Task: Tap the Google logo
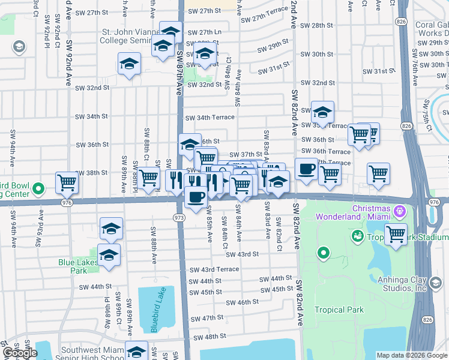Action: click(20, 353)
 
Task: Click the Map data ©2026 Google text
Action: click(411, 355)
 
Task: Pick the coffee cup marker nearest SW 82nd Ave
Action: click(306, 169)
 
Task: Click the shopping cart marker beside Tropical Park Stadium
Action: click(396, 234)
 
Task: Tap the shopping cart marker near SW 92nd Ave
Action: click(67, 182)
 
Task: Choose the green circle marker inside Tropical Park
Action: click(324, 253)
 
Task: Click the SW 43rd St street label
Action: click(243, 254)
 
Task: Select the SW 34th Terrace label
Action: click(209, 118)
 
